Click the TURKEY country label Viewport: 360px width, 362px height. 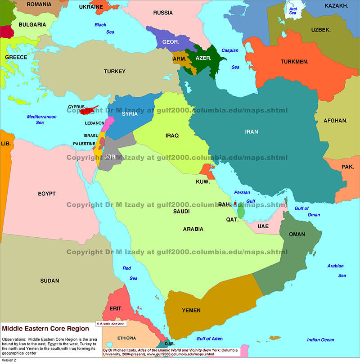114,72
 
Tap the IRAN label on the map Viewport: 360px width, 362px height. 252,132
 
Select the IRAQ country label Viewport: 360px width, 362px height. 172,136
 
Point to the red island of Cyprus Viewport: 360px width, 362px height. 90,109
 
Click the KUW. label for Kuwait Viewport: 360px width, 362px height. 202,182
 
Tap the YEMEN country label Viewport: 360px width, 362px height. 191,311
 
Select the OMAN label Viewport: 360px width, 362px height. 297,235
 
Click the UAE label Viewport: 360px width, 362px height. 263,226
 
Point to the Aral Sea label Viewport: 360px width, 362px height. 292,11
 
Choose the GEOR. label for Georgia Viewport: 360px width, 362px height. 171,41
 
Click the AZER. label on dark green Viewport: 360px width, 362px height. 203,58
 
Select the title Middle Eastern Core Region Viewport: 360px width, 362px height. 45,329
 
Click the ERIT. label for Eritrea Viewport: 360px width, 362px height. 116,309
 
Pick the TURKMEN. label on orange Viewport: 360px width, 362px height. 294,62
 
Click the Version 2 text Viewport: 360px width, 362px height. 9,360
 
